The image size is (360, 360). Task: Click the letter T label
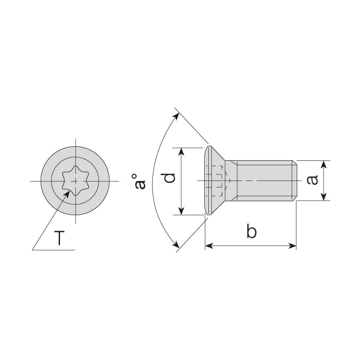tap(59, 238)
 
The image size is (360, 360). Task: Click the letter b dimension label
tap(252, 231)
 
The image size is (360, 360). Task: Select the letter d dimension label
tap(170, 178)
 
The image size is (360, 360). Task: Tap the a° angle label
tap(138, 182)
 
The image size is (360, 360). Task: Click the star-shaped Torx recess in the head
tap(75, 181)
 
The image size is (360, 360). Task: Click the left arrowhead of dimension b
tap(209, 246)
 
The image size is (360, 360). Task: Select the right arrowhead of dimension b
tap(292, 246)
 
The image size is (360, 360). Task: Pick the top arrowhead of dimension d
tap(181, 152)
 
